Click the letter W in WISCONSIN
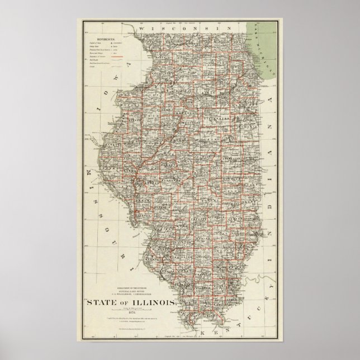[143, 27]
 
